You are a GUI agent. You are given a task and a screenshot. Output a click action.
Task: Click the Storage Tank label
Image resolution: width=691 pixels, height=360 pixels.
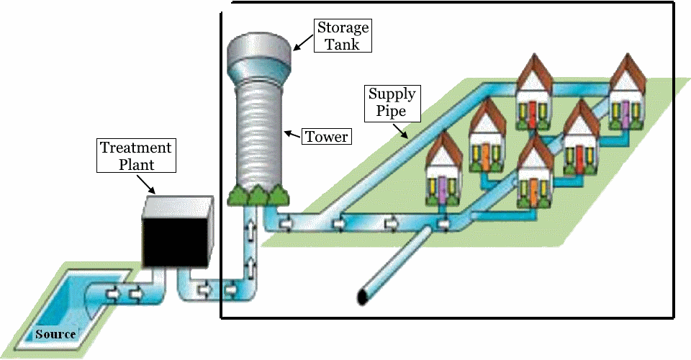pos(343,35)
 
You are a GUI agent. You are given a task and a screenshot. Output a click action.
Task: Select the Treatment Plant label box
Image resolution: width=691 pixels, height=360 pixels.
pos(135,156)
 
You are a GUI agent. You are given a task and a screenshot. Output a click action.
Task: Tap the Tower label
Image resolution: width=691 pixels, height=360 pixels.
pos(326,136)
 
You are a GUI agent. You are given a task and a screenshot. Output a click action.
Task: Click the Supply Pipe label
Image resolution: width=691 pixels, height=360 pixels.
pos(392,102)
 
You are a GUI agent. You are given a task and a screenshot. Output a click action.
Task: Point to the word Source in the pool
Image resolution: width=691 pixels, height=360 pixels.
pos(55,334)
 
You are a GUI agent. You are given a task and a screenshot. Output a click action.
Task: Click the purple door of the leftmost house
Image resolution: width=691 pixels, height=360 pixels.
pos(441,189)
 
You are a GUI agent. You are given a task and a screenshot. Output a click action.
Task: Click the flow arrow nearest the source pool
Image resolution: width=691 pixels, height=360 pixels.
pos(112,294)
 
